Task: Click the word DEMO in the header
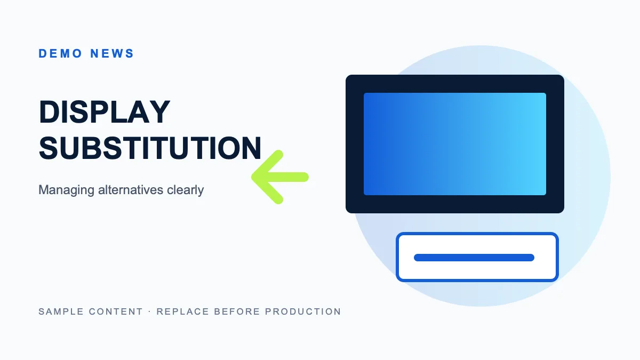(x=60, y=53)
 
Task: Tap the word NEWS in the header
(x=112, y=53)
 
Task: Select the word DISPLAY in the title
(x=105, y=111)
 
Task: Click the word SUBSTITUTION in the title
(x=150, y=148)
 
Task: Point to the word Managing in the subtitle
(x=66, y=190)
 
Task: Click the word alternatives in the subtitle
(x=131, y=190)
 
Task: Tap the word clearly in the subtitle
(x=186, y=190)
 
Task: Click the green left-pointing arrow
(x=280, y=177)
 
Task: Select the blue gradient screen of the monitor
(x=455, y=144)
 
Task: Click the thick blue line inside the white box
(x=474, y=258)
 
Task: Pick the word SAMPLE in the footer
(x=61, y=311)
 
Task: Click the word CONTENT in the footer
(x=116, y=311)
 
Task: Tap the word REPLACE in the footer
(x=183, y=311)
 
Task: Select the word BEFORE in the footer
(x=237, y=311)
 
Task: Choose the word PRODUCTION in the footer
(x=303, y=311)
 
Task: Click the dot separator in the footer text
(x=150, y=311)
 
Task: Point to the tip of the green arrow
(x=252, y=177)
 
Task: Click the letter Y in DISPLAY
(x=159, y=111)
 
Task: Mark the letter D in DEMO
(x=43, y=53)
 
